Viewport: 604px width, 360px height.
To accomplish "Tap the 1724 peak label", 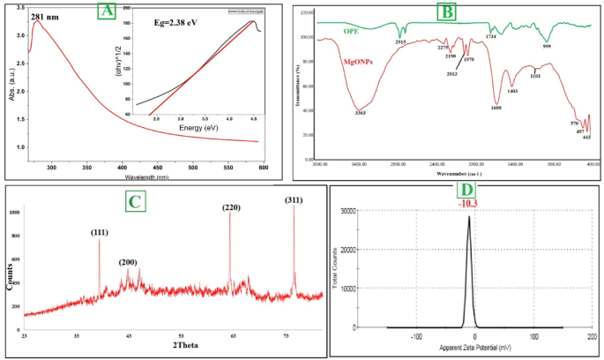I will click(490, 35).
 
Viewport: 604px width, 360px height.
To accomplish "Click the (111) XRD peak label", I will click(101, 233).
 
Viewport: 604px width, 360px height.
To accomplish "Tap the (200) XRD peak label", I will click(129, 262).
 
